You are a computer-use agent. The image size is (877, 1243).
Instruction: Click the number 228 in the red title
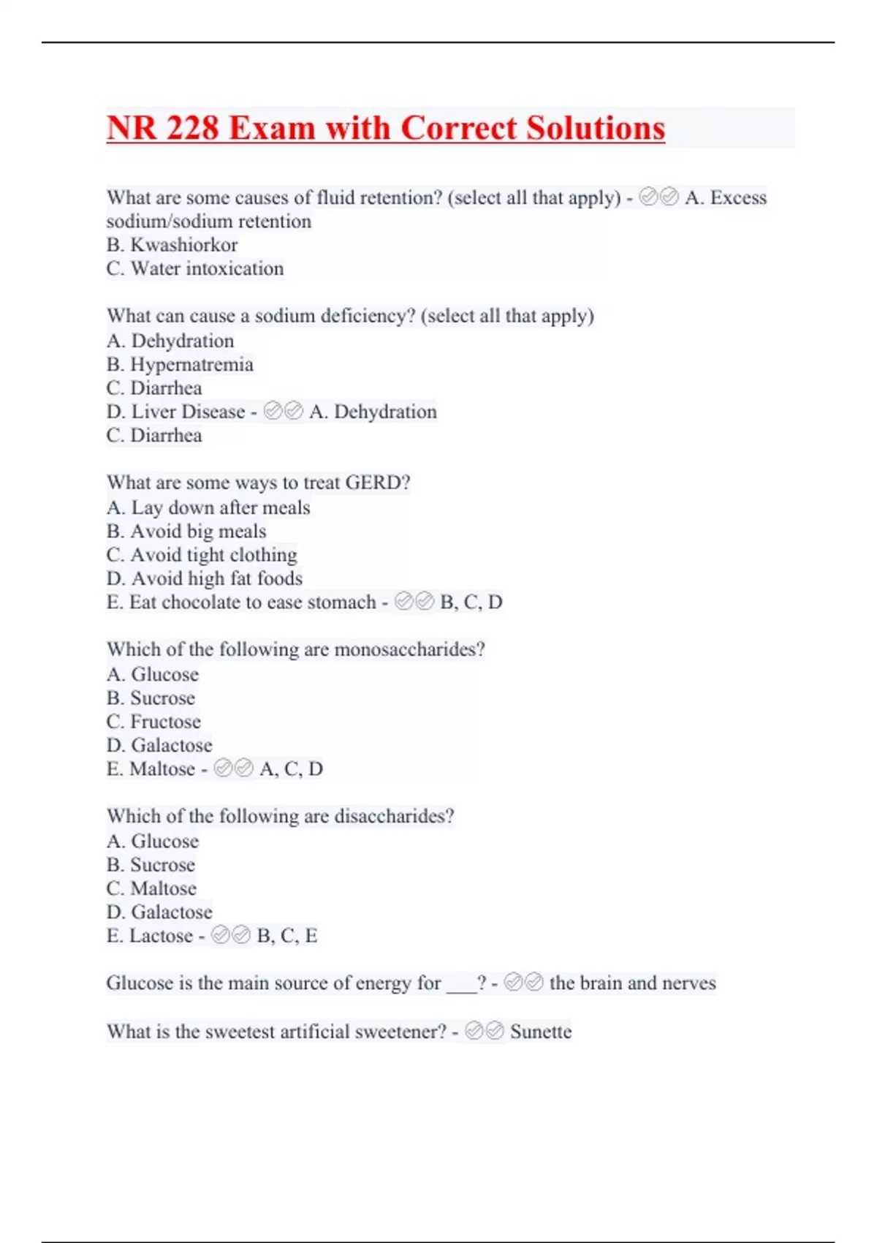point(192,129)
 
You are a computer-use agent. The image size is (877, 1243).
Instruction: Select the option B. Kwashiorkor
point(172,245)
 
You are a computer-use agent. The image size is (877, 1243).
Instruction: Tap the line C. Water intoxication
point(194,269)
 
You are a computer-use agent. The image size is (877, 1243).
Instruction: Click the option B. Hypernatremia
point(180,364)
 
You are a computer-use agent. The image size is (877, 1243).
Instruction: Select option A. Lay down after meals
point(208,507)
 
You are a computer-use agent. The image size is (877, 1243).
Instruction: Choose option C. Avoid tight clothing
point(202,555)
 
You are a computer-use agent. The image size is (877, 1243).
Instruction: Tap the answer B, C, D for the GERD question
point(471,602)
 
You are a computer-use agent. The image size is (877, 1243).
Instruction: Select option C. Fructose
point(153,722)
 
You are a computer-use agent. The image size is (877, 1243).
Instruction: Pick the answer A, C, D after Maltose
point(291,769)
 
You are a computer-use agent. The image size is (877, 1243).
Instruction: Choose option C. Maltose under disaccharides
point(151,888)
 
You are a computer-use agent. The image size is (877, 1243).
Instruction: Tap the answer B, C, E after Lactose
point(287,936)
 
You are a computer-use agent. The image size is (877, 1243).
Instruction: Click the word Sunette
point(541,1032)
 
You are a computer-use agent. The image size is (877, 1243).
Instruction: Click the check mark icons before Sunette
point(484,1032)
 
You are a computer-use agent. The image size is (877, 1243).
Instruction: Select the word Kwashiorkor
point(183,245)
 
